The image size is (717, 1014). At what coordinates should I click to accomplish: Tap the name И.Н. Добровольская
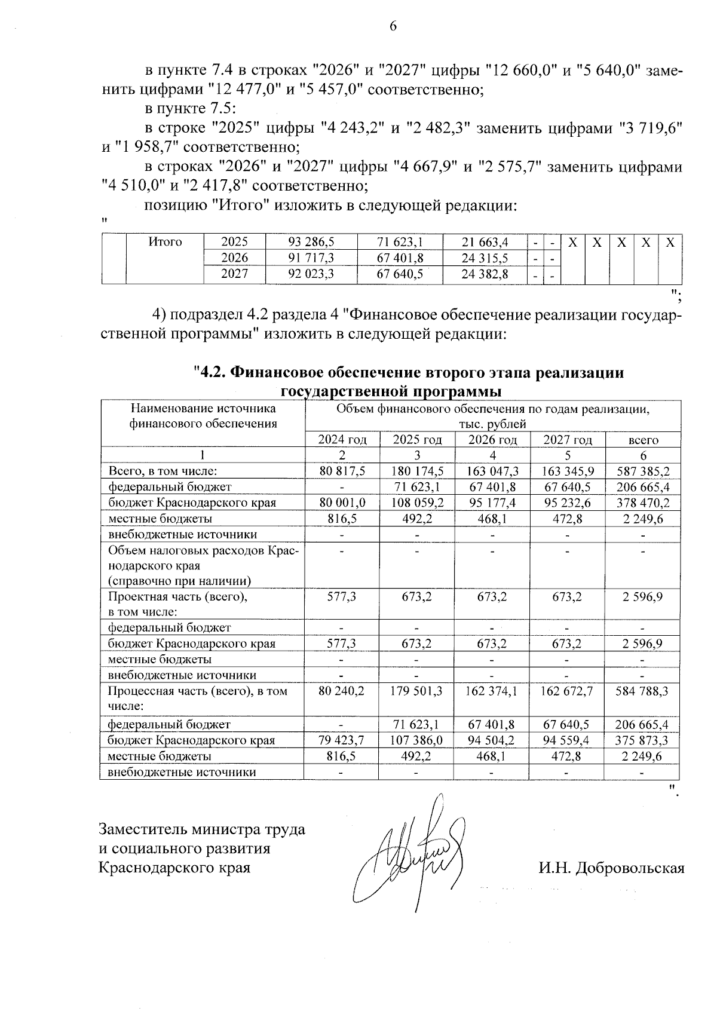[611, 868]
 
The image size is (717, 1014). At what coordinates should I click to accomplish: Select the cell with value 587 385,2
[642, 471]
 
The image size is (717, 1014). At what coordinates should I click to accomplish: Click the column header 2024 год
[342, 440]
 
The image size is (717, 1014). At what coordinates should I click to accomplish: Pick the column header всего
[643, 440]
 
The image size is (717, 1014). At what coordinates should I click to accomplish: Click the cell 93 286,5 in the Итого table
[311, 242]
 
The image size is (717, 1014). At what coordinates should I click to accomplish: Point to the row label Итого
[165, 242]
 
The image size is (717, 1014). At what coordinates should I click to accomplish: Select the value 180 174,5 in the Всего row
[416, 471]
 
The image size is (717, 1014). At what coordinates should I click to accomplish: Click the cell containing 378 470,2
[642, 503]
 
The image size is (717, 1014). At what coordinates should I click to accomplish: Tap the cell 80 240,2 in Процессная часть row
[342, 691]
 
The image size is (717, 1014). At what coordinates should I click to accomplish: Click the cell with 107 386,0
[416, 740]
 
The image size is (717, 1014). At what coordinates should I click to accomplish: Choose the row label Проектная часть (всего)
[177, 596]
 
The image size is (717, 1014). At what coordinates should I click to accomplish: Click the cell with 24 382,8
[485, 274]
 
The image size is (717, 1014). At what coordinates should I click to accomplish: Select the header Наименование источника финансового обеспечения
[203, 416]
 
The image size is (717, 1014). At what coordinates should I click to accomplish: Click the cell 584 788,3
[642, 691]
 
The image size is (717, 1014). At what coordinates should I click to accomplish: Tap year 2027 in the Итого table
[234, 274]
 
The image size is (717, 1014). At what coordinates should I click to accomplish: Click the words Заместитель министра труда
[202, 829]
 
